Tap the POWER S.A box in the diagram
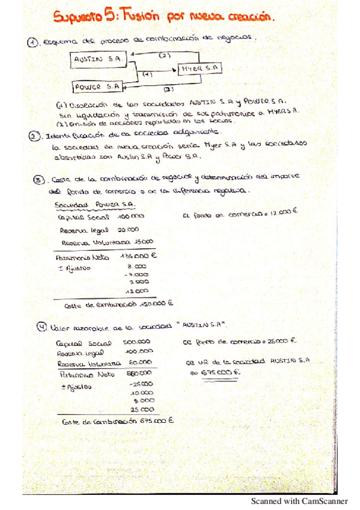pos(97,87)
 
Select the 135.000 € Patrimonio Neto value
pos(138,255)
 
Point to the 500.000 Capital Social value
pos(138,341)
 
